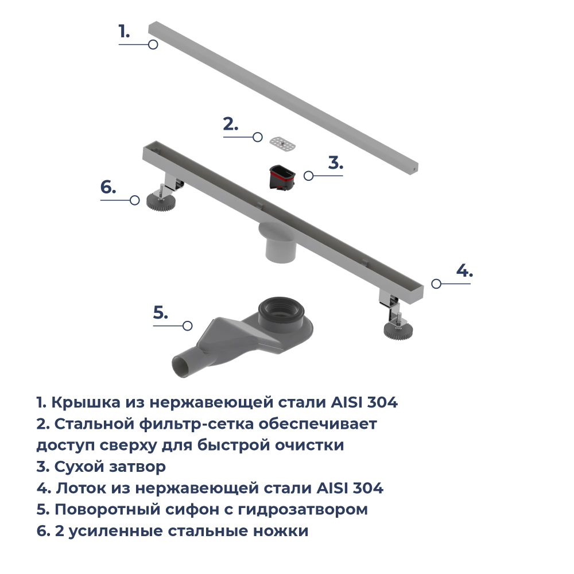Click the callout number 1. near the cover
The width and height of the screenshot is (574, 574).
click(x=124, y=32)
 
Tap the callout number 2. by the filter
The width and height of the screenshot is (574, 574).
click(x=230, y=124)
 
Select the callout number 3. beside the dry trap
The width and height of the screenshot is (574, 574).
click(x=335, y=162)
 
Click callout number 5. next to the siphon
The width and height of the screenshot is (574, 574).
click(x=160, y=313)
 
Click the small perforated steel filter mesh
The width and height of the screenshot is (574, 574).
click(x=284, y=143)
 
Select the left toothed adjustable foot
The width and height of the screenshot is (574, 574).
click(x=157, y=201)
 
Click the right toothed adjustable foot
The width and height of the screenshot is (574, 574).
click(x=398, y=330)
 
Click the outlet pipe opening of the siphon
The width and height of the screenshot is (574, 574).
click(x=179, y=366)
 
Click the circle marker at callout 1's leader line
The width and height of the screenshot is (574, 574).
click(x=153, y=45)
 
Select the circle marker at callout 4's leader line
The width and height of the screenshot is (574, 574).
click(x=436, y=284)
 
